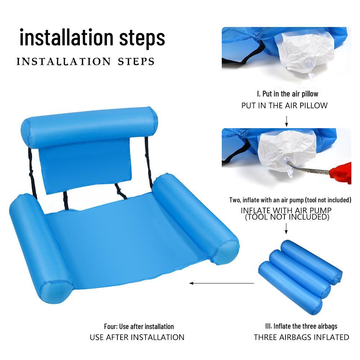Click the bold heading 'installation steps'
(93, 37)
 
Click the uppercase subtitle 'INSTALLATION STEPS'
(85, 61)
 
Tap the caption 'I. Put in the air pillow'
(287, 94)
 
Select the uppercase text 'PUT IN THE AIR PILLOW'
(284, 105)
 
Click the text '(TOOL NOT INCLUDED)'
(287, 217)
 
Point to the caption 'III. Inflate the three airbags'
(301, 326)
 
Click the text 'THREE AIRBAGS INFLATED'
(301, 337)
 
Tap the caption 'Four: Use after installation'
(139, 327)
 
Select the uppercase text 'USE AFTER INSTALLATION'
(137, 337)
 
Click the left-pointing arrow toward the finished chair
(221, 283)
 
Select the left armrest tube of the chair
(40, 248)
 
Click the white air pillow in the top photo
(306, 54)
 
